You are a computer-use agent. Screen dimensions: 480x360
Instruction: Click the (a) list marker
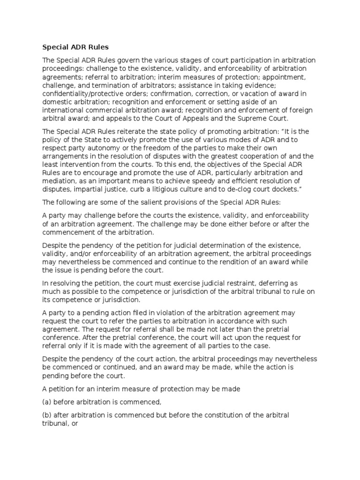tap(47, 402)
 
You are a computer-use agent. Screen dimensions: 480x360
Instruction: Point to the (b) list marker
tap(47, 415)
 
